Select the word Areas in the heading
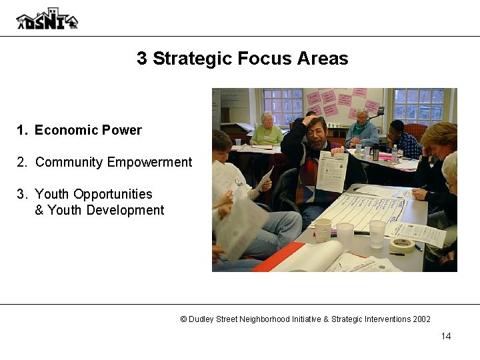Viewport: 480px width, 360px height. (325, 59)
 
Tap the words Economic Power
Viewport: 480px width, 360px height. (88, 130)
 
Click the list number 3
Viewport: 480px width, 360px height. (21, 194)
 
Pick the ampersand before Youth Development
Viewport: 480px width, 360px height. (39, 210)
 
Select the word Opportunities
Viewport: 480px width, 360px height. (113, 194)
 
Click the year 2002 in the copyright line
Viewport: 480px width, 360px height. (421, 319)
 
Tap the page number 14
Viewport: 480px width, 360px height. (445, 335)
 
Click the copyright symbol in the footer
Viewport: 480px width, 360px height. (183, 319)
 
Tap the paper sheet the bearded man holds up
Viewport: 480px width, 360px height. (331, 171)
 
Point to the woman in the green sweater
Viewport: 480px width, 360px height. (267, 131)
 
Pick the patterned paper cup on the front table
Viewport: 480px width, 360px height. (322, 229)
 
